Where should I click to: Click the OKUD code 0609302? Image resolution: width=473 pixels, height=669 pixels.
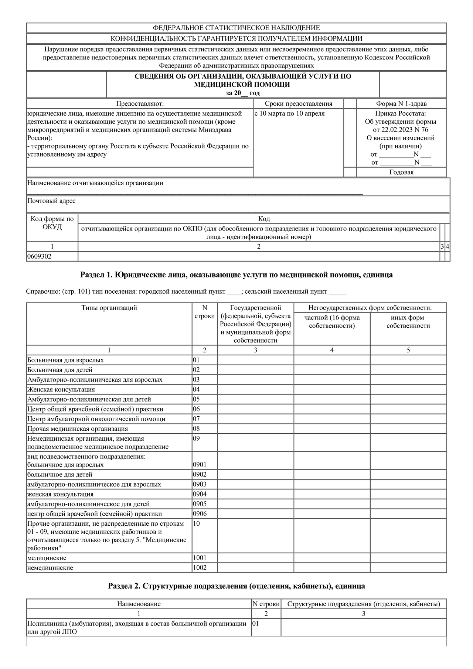pyautogui.click(x=39, y=256)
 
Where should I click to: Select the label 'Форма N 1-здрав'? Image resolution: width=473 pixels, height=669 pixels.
pyautogui.click(x=401, y=104)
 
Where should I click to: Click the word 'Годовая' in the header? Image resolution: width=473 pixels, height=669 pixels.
pyautogui.click(x=401, y=172)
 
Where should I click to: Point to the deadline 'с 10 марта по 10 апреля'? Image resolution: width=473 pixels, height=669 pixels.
pyautogui.click(x=290, y=113)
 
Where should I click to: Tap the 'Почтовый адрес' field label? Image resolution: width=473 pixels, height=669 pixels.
pyautogui.click(x=51, y=201)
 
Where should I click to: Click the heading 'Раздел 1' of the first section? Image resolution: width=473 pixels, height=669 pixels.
pyautogui.click(x=236, y=275)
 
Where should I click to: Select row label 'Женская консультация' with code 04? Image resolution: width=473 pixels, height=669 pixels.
pyautogui.click(x=61, y=389)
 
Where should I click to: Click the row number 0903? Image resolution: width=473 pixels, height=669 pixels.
pyautogui.click(x=200, y=484)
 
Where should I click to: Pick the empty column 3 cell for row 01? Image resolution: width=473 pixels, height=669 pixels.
pyautogui.click(x=255, y=360)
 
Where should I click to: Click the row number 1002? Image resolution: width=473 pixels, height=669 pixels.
pyautogui.click(x=200, y=568)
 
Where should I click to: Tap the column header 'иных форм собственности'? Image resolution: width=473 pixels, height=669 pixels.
pyautogui.click(x=408, y=322)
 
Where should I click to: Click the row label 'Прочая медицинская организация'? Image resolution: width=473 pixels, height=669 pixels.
pyautogui.click(x=78, y=429)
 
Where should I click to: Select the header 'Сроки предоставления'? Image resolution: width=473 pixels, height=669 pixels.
pyautogui.click(x=299, y=104)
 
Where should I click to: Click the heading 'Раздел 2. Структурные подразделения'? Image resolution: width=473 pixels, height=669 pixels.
pyautogui.click(x=236, y=586)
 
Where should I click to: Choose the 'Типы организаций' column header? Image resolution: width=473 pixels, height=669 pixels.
pyautogui.click(x=109, y=308)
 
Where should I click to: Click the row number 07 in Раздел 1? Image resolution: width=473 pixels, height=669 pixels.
pyautogui.click(x=196, y=419)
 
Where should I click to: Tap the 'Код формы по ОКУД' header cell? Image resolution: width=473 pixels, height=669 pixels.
pyautogui.click(x=52, y=223)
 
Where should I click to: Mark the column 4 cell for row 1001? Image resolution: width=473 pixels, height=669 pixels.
pyautogui.click(x=332, y=558)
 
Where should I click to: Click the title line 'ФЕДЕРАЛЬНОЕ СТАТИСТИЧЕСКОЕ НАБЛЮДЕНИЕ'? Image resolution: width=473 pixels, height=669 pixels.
pyautogui.click(x=236, y=28)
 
